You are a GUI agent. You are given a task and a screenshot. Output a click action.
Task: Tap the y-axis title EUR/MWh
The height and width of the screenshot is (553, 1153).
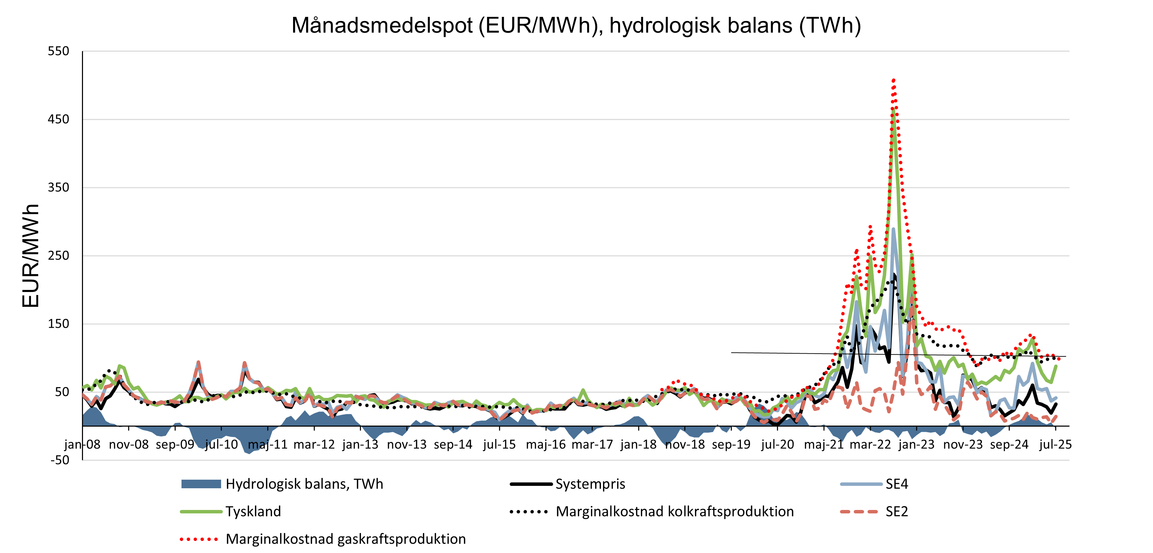click(30, 255)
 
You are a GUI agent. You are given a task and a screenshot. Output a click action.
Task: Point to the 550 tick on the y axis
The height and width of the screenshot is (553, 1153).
click(59, 51)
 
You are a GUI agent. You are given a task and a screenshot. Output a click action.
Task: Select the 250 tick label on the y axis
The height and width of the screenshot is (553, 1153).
click(59, 255)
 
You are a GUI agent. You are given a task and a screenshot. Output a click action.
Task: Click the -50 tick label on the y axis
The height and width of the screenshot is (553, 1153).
click(60, 460)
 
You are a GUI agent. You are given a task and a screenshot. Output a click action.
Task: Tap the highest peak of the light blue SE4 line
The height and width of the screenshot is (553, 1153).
click(893, 229)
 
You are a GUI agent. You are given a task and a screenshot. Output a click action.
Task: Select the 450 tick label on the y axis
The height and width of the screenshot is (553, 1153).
click(59, 119)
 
